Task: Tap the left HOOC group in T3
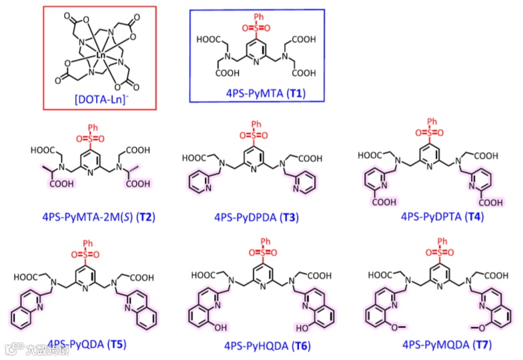coord(195,158)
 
